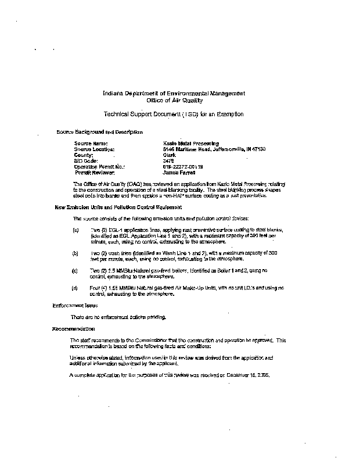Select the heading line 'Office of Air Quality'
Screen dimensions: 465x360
pos(174,100)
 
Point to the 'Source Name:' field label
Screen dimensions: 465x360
pos(91,143)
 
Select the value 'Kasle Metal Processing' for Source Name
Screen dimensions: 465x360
pos(191,143)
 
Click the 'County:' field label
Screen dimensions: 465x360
pos(84,155)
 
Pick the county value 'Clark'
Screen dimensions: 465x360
pos(170,155)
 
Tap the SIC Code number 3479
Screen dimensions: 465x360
pos(169,161)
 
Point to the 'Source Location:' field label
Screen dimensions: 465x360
pos(95,149)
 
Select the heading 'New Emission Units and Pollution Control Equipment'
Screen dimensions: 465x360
pos(118,207)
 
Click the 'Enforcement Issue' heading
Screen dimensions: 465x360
pos(75,305)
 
